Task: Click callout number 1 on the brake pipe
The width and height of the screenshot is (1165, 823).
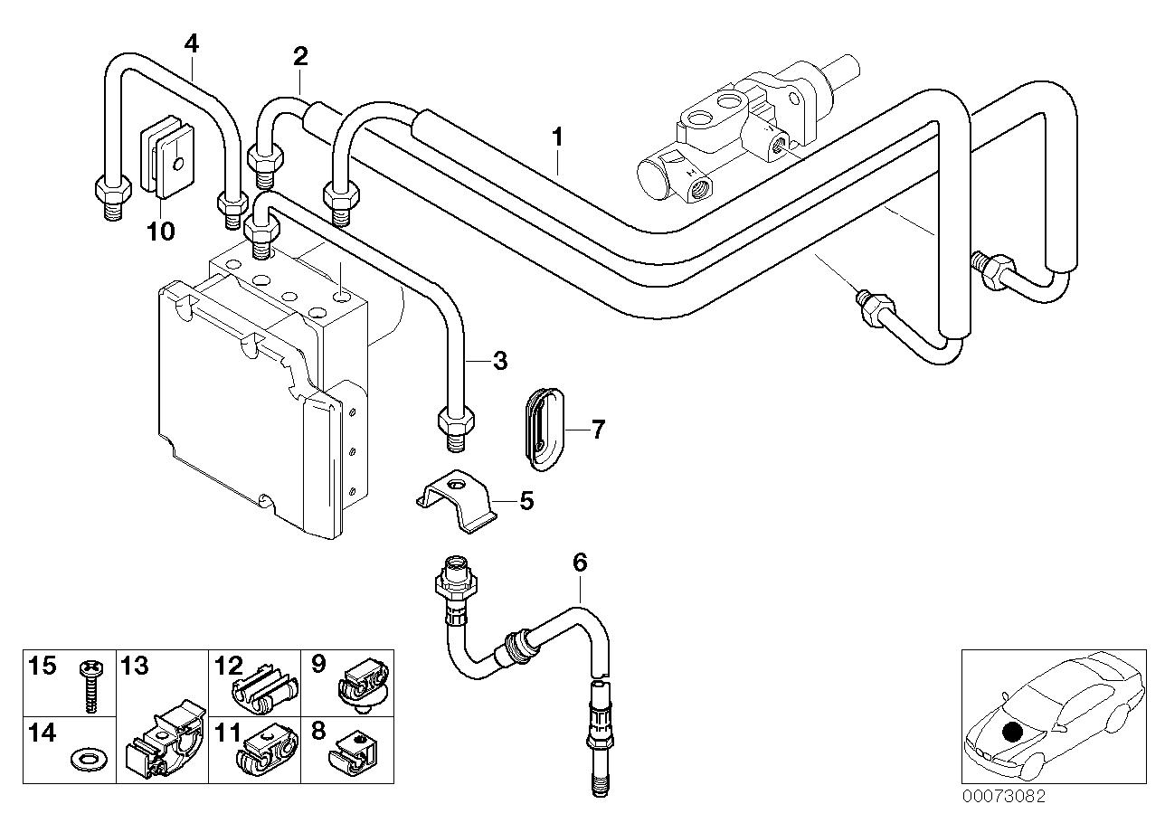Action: click(x=558, y=138)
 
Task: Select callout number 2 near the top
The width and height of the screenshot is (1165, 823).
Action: click(x=300, y=56)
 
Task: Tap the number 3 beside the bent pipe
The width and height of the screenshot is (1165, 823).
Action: click(x=499, y=363)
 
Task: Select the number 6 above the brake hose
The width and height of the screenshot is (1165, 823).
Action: click(x=580, y=563)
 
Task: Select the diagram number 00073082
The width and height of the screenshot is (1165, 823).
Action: click(x=1004, y=797)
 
